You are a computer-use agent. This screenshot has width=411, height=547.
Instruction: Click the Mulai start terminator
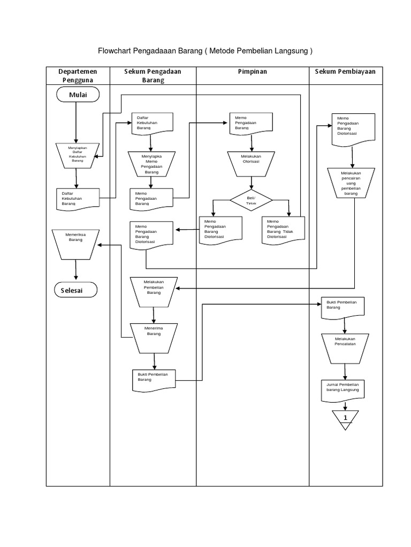coord(77,95)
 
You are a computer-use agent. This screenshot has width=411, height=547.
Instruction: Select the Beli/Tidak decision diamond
coord(251,200)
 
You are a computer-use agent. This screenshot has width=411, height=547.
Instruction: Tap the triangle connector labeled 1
coord(345,419)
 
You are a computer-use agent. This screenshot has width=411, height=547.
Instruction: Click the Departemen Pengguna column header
coord(78,75)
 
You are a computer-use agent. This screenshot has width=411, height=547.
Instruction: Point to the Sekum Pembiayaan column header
coord(345,72)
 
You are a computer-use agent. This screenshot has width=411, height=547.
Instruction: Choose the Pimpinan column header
coord(253,72)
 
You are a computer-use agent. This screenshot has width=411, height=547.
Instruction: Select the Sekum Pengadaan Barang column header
coord(153,75)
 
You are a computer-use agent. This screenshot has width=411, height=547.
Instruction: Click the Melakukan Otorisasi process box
coord(251,163)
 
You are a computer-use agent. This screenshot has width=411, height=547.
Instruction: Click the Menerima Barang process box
coord(154,337)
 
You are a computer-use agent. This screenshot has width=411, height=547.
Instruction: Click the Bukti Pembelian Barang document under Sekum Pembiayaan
coord(342,307)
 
